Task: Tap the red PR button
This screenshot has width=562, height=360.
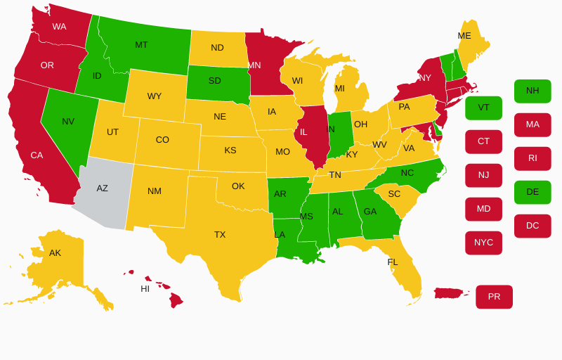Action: click(494, 297)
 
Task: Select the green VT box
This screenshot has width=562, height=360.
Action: click(483, 108)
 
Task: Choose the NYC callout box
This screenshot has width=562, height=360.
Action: click(483, 243)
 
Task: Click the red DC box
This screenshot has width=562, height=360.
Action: click(532, 226)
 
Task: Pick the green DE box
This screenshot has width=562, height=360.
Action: click(532, 192)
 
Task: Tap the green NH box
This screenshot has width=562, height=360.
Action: click(532, 91)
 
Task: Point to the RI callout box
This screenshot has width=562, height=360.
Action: click(532, 158)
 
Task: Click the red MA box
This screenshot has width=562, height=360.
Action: click(532, 124)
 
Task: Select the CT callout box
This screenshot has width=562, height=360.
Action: click(483, 141)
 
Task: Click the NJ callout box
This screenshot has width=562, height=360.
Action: click(483, 175)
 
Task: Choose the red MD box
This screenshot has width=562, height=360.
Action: click(483, 209)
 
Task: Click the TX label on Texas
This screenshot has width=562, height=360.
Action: click(220, 235)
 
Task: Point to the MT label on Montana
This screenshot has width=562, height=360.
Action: click(141, 45)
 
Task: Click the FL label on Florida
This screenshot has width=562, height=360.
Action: click(393, 262)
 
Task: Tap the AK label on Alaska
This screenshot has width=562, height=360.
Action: click(55, 253)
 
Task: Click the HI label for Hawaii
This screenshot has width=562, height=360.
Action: click(145, 289)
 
